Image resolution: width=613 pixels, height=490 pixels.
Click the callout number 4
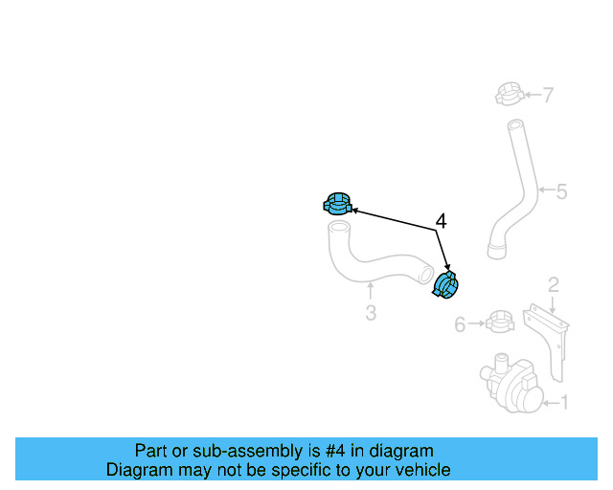[441, 221]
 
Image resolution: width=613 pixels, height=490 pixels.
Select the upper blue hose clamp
[337, 204]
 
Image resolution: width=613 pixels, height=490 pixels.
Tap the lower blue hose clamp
[444, 285]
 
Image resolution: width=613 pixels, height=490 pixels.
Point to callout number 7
[549, 95]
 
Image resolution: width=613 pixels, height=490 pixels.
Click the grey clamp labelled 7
[510, 94]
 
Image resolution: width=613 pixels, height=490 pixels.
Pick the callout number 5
[561, 191]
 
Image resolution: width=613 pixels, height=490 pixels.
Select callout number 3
[371, 313]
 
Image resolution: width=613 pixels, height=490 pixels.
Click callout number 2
[554, 285]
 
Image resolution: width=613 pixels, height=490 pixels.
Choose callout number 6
[460, 324]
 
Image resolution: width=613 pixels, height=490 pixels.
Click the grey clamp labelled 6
[500, 322]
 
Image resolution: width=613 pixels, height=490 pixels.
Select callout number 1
[564, 403]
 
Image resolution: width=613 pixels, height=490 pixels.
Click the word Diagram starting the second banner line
[130, 469]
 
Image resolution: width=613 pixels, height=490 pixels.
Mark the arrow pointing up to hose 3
[371, 292]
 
